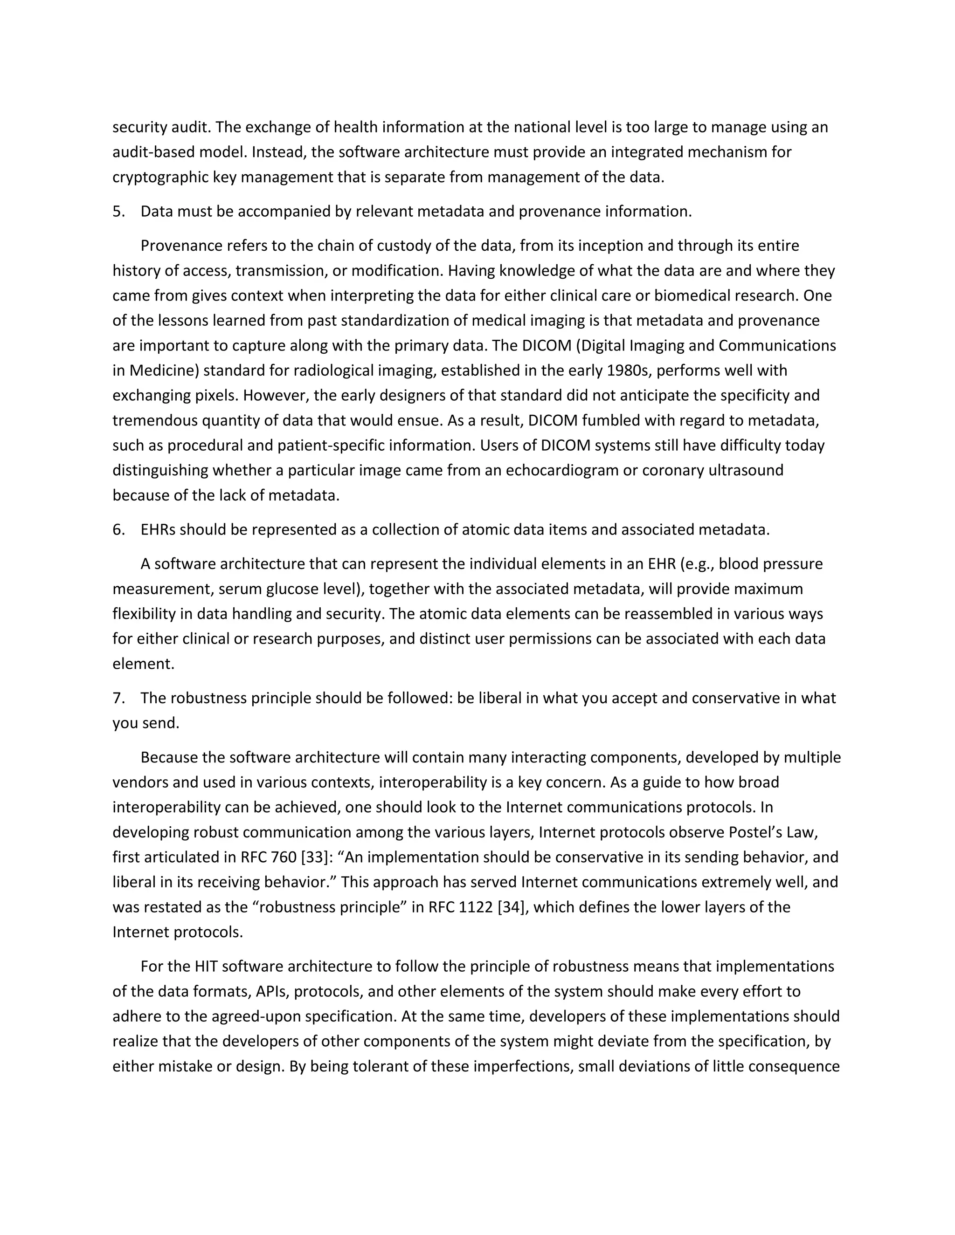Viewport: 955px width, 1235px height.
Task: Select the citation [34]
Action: point(512,907)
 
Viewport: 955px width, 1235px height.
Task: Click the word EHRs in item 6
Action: point(158,530)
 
